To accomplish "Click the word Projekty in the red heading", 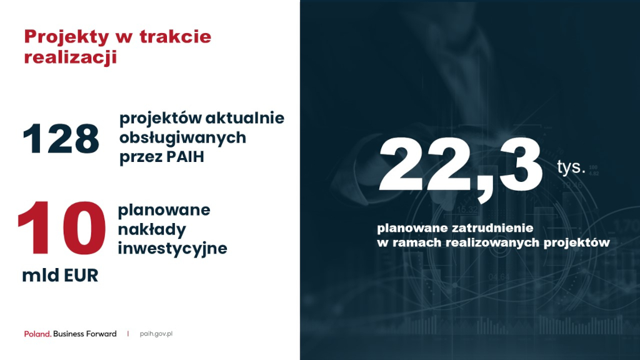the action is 67,37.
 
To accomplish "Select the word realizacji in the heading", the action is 70,57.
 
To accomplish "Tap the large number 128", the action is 61,139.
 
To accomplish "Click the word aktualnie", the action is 244,118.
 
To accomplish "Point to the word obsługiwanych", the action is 182,138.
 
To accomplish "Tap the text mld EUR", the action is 60,276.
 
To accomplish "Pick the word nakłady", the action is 152,229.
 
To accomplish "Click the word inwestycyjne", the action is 172,249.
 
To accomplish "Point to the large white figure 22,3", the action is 460,168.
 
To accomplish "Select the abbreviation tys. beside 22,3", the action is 571,167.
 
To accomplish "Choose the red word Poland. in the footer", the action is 37,334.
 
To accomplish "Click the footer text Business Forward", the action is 85,334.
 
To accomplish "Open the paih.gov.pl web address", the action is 156,334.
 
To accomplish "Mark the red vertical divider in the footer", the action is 127,334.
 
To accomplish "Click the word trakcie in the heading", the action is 176,37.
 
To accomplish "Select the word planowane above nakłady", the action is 164,211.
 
